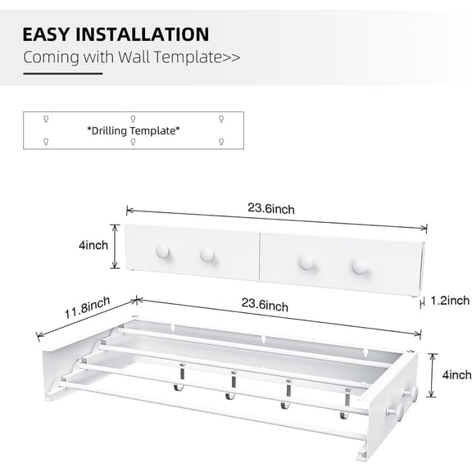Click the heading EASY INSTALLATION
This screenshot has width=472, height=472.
[116, 34]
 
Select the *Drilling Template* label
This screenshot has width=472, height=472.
[134, 129]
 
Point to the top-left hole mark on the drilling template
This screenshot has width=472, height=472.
[46, 119]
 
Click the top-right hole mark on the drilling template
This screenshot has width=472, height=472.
[221, 119]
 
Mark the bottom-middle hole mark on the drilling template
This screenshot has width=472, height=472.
[134, 141]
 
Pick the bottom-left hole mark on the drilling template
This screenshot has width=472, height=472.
[46, 141]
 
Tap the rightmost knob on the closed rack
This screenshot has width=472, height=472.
[358, 266]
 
